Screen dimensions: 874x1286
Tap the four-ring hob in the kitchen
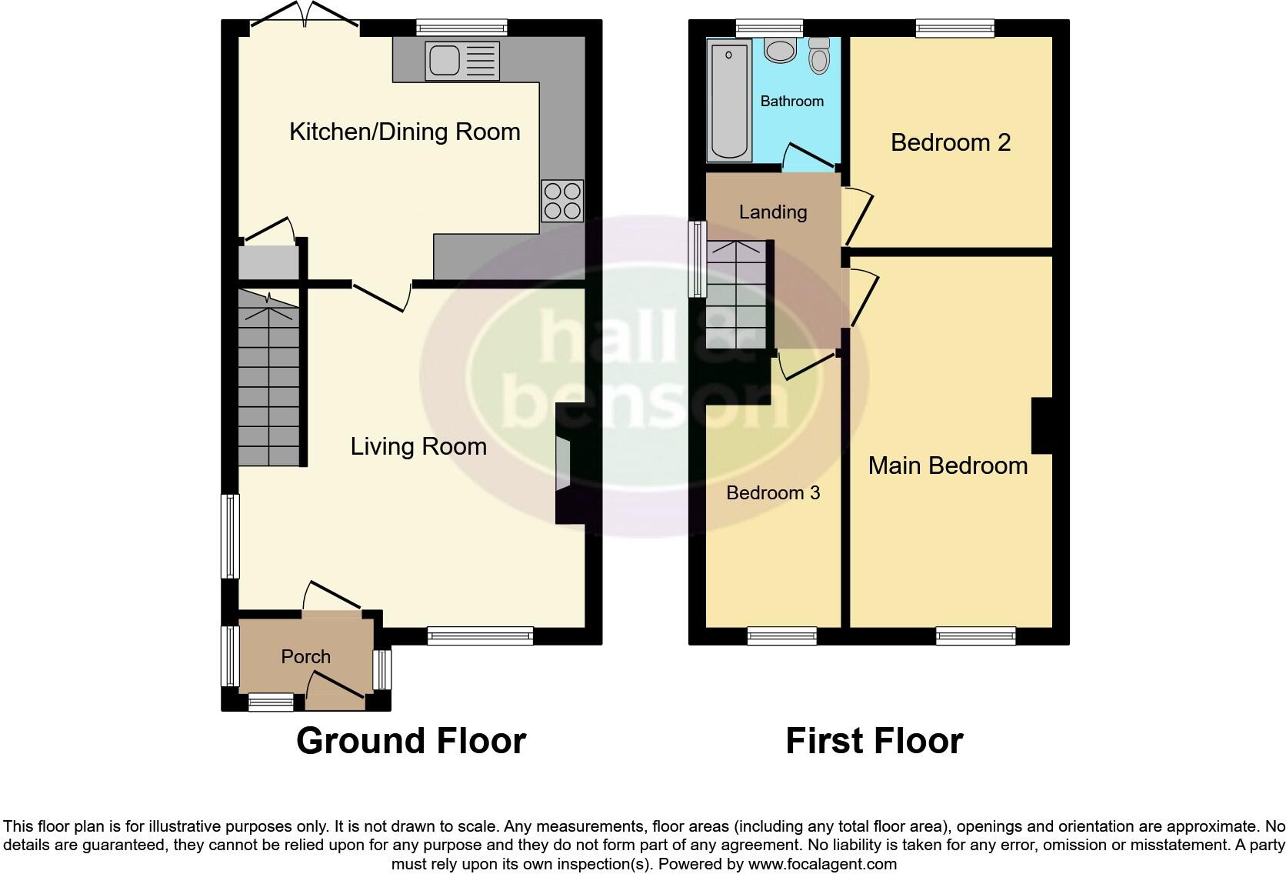click(x=561, y=201)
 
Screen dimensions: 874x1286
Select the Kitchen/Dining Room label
click(x=405, y=132)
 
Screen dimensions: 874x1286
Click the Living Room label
click(x=418, y=446)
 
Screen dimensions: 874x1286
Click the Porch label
click(x=305, y=656)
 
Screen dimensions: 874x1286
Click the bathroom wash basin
click(x=781, y=51)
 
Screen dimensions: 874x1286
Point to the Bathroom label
click(x=791, y=101)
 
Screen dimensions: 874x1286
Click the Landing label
click(x=772, y=212)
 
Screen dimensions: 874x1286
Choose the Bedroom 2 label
click(x=950, y=142)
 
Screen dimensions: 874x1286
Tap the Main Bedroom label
click(x=948, y=465)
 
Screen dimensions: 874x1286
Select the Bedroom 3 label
click(x=773, y=492)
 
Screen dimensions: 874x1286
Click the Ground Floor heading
click(x=411, y=740)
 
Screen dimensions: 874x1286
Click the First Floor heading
click(x=874, y=740)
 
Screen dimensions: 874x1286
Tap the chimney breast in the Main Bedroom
click(x=1041, y=425)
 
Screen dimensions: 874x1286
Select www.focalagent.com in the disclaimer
click(x=821, y=864)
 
